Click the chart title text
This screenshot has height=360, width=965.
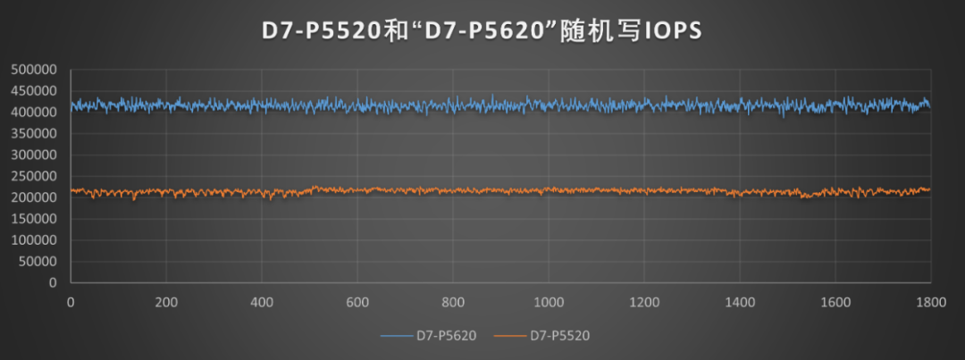pos(482,31)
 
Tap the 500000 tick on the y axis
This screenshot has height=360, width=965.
pos(33,70)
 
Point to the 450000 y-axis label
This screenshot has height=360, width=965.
pos(33,91)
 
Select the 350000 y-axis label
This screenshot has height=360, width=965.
pos(33,133)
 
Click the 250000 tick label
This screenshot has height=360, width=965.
pos(33,176)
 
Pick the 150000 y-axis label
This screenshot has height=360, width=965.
pos(33,219)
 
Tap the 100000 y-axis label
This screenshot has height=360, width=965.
pos(33,240)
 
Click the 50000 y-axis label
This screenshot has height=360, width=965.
pos(37,262)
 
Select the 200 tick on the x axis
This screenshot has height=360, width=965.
pos(166,301)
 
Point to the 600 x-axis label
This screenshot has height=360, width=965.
pos(357,301)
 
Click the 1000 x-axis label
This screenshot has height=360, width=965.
pos(548,301)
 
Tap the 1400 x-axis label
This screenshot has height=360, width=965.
pos(739,301)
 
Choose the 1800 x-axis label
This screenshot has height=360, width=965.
pos(930,301)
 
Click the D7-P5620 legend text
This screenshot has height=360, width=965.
pos(446,336)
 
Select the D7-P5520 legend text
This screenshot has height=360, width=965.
pos(560,336)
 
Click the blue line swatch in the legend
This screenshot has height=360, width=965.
pos(396,336)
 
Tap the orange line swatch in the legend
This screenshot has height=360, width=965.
pos(510,336)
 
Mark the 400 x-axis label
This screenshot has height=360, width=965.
pos(262,301)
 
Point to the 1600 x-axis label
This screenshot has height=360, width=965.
pos(835,301)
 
